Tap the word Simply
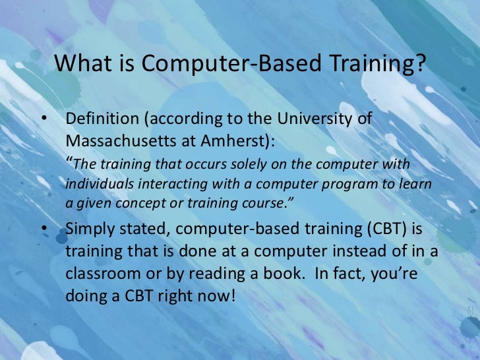[x=87, y=228]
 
